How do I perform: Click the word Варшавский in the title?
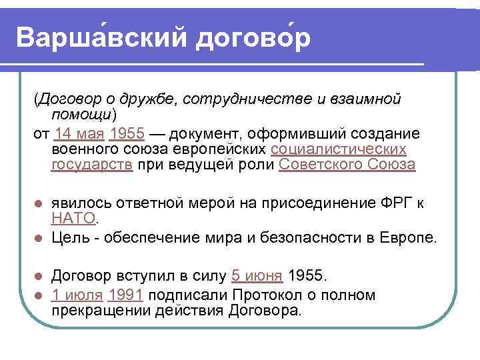point(100,38)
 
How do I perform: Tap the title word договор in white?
point(253,38)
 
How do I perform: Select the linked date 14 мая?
point(79,132)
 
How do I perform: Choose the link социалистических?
point(339,148)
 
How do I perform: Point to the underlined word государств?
point(92,164)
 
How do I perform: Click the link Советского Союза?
point(347,164)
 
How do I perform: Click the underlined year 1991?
point(125,295)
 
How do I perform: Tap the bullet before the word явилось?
point(39,203)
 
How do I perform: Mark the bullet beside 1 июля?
point(39,295)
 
